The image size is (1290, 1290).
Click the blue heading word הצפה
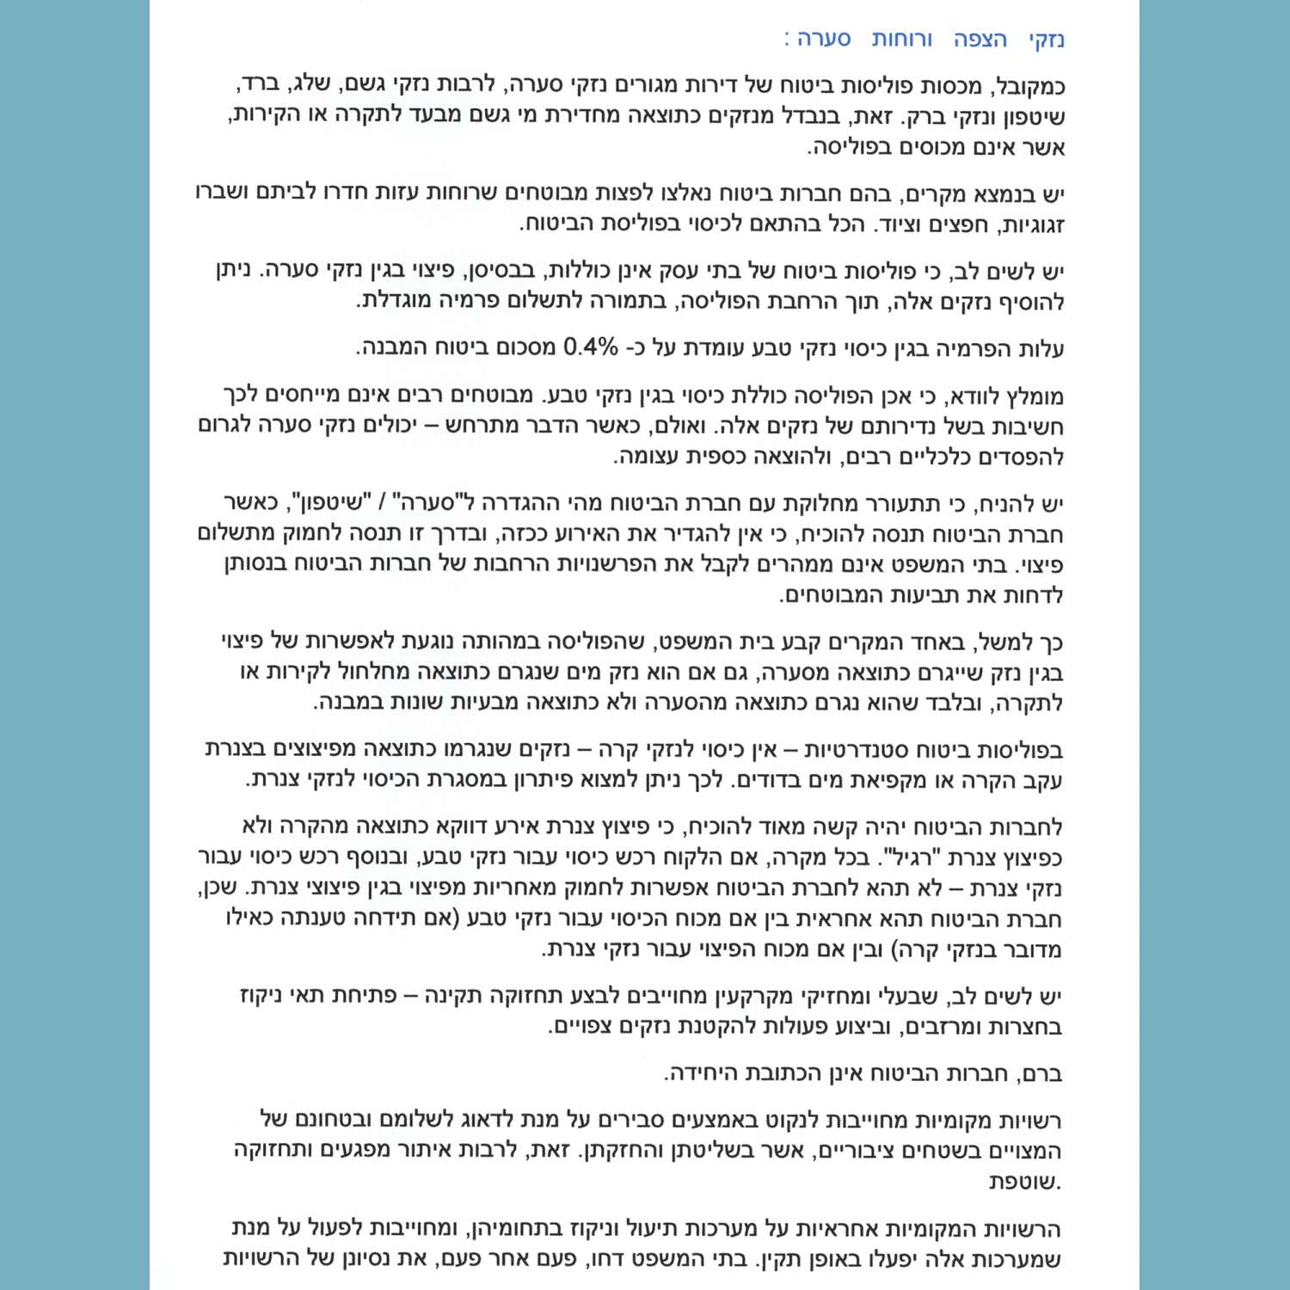click(x=980, y=40)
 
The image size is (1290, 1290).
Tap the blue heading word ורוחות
click(x=901, y=40)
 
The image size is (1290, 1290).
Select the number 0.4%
click(x=590, y=348)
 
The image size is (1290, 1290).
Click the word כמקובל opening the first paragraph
click(x=1029, y=87)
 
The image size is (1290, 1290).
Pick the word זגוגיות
click(x=1030, y=225)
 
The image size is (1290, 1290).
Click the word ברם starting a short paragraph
click(x=1041, y=1074)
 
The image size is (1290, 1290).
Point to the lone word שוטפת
click(x=1025, y=1182)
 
